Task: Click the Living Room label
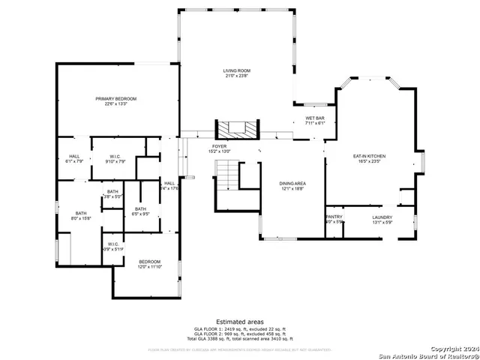(235, 72)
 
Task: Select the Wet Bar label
(315, 121)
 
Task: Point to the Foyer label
(219, 148)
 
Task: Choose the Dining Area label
(292, 186)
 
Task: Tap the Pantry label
(334, 219)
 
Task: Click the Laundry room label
(382, 219)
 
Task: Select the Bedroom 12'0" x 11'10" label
(149, 263)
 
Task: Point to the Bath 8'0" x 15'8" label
(80, 215)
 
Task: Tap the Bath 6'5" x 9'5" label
(140, 211)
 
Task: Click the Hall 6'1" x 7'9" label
(75, 158)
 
